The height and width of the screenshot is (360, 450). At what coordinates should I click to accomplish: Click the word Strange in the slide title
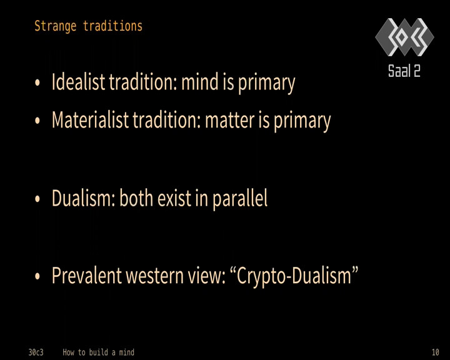tap(56, 26)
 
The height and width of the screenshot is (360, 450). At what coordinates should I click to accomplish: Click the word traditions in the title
tap(112, 26)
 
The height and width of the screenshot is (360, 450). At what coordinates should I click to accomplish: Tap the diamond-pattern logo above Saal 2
tap(404, 37)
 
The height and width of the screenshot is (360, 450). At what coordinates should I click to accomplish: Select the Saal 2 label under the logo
tap(404, 71)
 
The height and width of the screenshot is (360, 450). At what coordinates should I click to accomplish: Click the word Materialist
tap(90, 119)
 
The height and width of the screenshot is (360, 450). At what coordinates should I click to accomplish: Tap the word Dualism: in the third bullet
tap(84, 197)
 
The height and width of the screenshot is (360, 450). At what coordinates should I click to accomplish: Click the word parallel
tap(240, 199)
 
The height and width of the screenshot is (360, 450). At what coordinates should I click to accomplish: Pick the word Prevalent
tap(87, 276)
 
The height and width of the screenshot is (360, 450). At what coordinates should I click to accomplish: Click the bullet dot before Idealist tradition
tap(37, 82)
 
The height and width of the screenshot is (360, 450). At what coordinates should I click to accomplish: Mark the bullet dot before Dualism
tap(37, 199)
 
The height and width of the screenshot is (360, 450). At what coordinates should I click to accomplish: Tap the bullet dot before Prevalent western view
tap(37, 276)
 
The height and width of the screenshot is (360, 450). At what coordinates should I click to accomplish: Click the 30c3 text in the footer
tap(36, 352)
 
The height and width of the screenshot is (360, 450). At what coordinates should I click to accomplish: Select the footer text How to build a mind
tap(99, 352)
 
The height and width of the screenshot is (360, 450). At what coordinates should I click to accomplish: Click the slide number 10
tap(436, 352)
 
